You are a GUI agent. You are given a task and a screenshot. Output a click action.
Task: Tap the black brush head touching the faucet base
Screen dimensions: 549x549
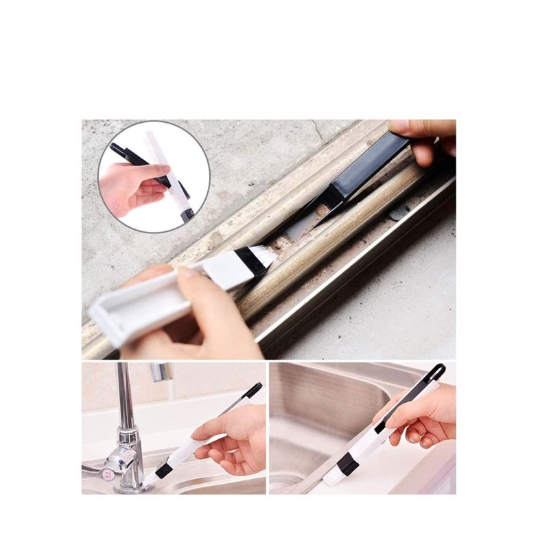click(163, 471)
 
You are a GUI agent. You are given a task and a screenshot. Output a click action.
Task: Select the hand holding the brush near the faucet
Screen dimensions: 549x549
click(230, 439)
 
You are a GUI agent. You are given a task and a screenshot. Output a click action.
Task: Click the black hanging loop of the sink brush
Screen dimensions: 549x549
click(437, 372)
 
